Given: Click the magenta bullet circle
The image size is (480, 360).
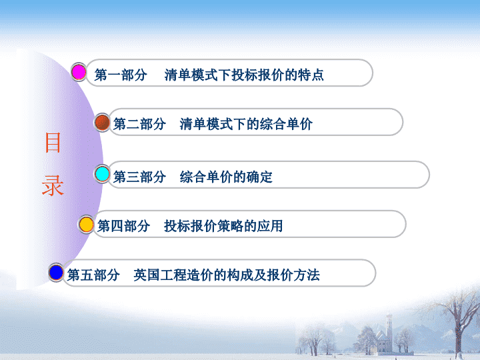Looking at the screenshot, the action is pyautogui.click(x=79, y=72).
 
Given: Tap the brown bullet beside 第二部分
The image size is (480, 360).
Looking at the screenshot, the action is pyautogui.click(x=102, y=123).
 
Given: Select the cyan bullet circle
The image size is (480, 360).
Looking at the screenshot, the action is pyautogui.click(x=102, y=174).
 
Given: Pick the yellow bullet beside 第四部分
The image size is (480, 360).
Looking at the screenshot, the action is pyautogui.click(x=86, y=225).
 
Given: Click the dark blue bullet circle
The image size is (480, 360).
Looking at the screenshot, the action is pyautogui.click(x=56, y=273).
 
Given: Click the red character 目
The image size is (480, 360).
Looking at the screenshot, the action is pyautogui.click(x=53, y=143).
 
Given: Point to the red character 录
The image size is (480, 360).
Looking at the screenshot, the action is pyautogui.click(x=53, y=185).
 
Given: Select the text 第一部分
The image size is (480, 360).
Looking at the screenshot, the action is pyautogui.click(x=121, y=75).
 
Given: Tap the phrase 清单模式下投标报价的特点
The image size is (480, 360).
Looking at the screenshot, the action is pyautogui.click(x=244, y=75).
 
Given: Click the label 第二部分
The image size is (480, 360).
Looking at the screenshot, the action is pyautogui.click(x=139, y=124).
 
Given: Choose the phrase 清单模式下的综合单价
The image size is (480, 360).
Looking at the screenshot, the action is pyautogui.click(x=246, y=124).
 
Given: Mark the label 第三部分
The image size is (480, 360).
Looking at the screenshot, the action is pyautogui.click(x=139, y=177).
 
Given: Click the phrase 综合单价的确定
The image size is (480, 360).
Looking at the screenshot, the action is pyautogui.click(x=226, y=177).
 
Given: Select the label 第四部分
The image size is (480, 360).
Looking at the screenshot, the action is pyautogui.click(x=124, y=226).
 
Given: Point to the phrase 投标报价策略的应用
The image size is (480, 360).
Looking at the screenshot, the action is pyautogui.click(x=223, y=226).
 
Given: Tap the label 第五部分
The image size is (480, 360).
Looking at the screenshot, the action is pyautogui.click(x=93, y=275).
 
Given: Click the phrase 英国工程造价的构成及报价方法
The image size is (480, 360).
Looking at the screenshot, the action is pyautogui.click(x=227, y=275).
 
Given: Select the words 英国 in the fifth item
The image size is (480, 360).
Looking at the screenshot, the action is pyautogui.click(x=147, y=275).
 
